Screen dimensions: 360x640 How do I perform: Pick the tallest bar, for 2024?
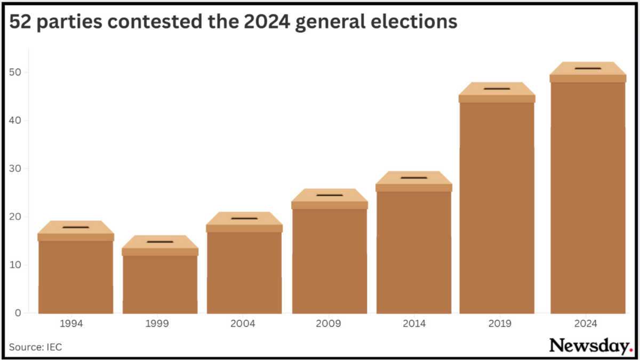click(588, 197)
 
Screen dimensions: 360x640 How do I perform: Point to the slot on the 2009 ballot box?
click(330, 195)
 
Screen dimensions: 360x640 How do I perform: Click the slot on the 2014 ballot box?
click(414, 178)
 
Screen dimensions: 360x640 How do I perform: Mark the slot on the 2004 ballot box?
click(244, 218)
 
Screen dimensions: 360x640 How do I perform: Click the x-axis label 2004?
click(244, 324)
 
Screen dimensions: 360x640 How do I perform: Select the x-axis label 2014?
click(414, 324)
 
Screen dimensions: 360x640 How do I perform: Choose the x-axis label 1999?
click(160, 324)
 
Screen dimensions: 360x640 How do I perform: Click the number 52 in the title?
click(20, 22)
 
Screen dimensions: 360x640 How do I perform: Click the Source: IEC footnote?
click(36, 347)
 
